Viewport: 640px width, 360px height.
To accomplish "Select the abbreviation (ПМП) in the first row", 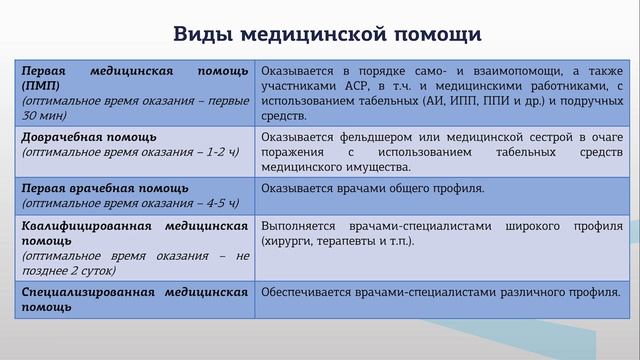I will (x=40, y=86).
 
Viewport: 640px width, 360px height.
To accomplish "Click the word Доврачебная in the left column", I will (x=63, y=137).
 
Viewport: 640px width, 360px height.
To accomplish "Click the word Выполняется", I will (x=301, y=227).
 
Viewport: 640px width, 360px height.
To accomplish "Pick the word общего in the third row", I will (x=407, y=188).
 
